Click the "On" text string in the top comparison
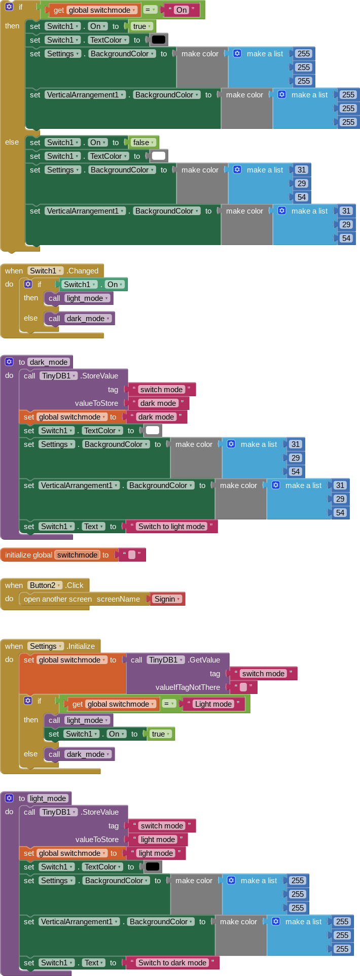click(x=182, y=10)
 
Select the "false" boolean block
click(x=141, y=143)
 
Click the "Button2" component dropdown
click(x=45, y=585)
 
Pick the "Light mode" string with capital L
click(x=213, y=704)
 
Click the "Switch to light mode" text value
click(x=171, y=527)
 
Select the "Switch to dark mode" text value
click(x=172, y=963)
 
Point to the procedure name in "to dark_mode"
click(x=49, y=362)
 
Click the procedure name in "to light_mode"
click(x=48, y=798)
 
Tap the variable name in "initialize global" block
click(x=77, y=555)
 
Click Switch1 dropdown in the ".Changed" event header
click(x=45, y=271)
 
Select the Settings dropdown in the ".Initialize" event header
click(x=45, y=646)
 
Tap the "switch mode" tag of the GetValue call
click(x=263, y=674)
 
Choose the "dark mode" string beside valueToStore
click(x=158, y=403)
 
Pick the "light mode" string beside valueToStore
click(x=158, y=840)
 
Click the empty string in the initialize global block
click(x=132, y=555)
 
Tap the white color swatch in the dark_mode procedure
click(x=152, y=431)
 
